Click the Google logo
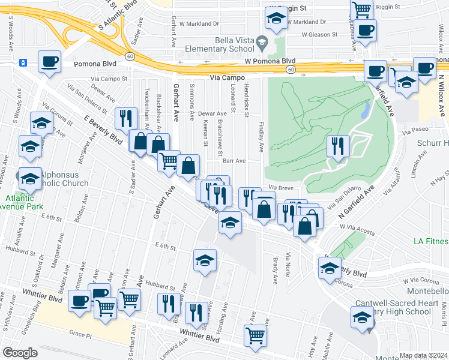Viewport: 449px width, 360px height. click(20, 352)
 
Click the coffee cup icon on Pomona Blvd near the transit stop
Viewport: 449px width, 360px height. click(50, 61)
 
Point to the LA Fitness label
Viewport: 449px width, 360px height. click(431, 241)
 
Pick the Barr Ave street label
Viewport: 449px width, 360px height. click(234, 161)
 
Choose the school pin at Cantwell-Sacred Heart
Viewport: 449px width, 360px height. click(363, 317)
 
